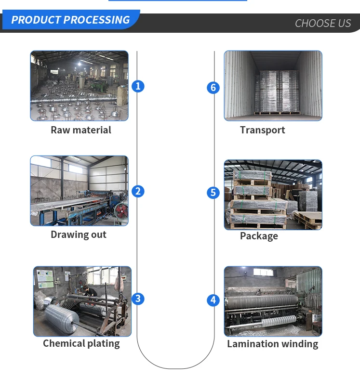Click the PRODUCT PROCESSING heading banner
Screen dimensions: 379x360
point(70,20)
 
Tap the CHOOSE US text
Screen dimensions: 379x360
point(322,23)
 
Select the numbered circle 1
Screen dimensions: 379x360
point(138,86)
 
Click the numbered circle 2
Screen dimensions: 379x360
point(138,191)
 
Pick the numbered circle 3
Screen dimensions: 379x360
point(138,299)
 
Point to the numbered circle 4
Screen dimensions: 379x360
point(213,301)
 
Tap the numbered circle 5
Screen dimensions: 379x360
point(213,193)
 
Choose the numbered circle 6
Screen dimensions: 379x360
point(213,88)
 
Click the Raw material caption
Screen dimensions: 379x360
point(81,130)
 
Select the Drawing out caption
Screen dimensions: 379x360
point(79,235)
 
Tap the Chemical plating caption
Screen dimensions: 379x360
point(81,343)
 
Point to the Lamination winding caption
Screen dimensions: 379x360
point(272,344)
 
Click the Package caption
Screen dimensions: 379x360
point(259,236)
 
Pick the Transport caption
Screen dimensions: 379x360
point(262,130)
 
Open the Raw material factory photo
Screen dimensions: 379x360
point(80,86)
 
